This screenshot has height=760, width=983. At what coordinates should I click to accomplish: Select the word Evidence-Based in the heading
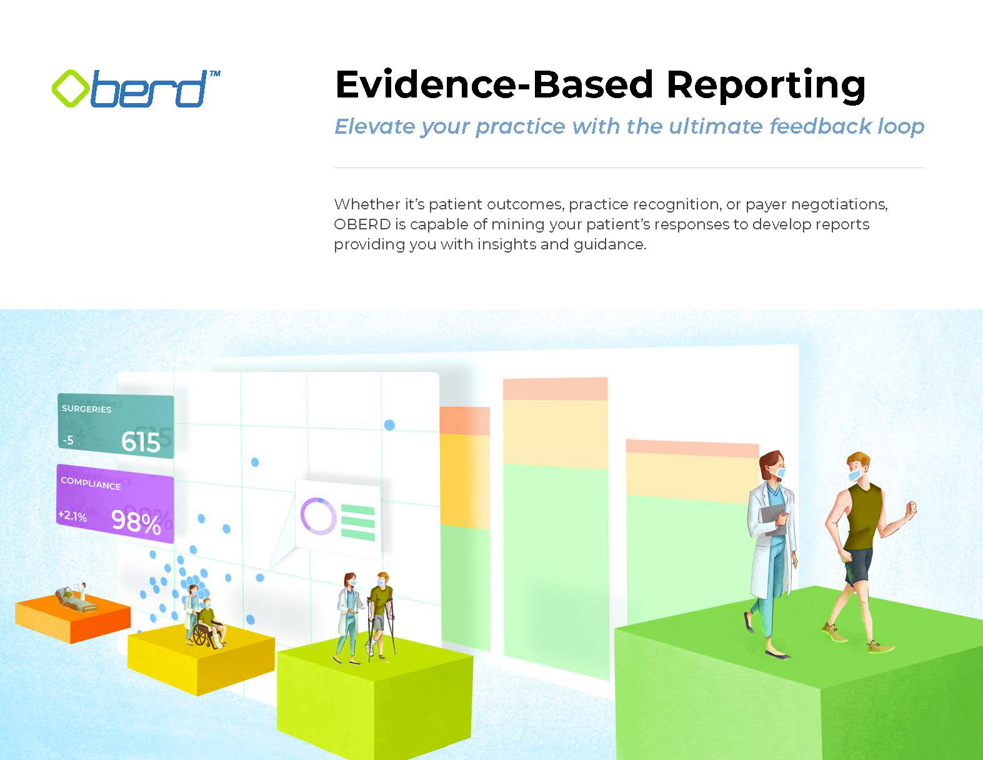(x=494, y=84)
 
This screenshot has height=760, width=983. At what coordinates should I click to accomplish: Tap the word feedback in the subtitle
(x=821, y=126)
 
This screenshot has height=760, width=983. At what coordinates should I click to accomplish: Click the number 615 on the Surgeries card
(x=141, y=442)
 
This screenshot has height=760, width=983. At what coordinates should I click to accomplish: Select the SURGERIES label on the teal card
(x=86, y=409)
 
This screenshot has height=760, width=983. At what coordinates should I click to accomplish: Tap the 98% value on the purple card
(x=136, y=522)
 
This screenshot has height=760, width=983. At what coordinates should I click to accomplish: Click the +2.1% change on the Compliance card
(x=72, y=516)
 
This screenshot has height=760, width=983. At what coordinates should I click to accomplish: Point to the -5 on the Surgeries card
(x=68, y=440)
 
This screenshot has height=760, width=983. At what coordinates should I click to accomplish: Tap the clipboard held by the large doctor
(x=772, y=520)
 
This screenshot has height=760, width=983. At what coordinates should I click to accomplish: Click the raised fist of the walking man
(x=911, y=507)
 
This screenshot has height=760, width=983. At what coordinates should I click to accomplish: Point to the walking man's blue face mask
(x=854, y=475)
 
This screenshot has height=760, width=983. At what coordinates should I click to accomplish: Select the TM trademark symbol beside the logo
(x=215, y=73)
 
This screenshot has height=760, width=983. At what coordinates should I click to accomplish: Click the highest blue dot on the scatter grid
(x=389, y=425)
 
